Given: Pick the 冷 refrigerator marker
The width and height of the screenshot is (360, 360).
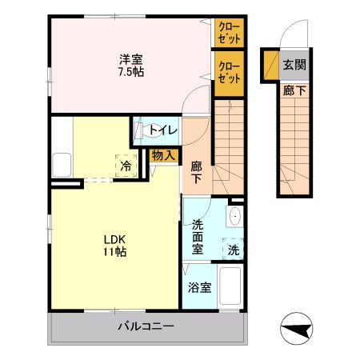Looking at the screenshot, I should pyautogui.click(x=126, y=166).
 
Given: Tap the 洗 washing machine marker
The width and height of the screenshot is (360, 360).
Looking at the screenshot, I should pyautogui.click(x=233, y=250).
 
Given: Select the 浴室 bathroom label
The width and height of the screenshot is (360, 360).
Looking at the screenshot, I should pyautogui.click(x=199, y=288).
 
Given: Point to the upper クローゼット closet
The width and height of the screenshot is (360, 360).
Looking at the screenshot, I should pyautogui.click(x=229, y=34).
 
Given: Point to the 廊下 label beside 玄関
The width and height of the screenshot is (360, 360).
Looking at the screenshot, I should pyautogui.click(x=294, y=90).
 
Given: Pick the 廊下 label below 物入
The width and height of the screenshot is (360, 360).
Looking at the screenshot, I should pyautogui.click(x=197, y=172).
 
